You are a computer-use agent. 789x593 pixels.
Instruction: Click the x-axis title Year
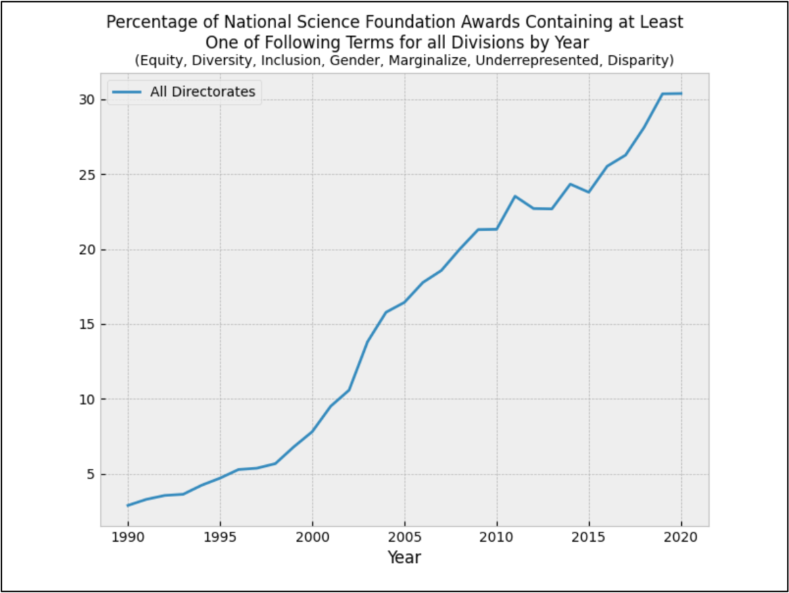pos(404,558)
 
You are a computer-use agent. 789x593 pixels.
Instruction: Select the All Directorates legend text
pos(203,92)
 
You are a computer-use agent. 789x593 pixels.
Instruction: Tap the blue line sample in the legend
pos(126,93)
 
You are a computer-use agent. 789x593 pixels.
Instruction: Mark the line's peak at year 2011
pos(515,196)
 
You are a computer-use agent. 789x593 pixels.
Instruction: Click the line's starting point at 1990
pos(128,506)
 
